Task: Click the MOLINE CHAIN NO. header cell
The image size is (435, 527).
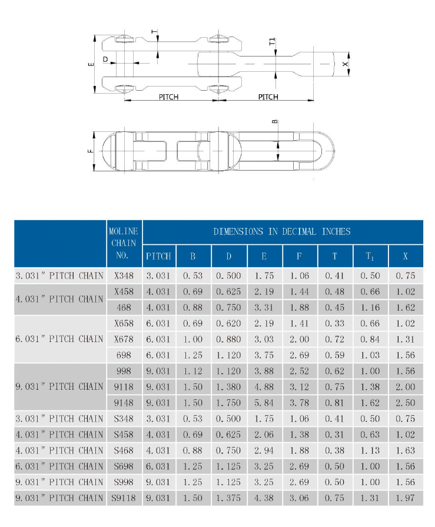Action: tap(123, 243)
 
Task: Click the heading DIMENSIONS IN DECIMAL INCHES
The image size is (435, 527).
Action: tap(282, 231)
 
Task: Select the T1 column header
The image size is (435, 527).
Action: tap(370, 256)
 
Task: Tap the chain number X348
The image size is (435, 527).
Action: tap(123, 276)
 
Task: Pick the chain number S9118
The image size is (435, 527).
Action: tap(123, 498)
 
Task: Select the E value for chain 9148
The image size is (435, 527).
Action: tap(264, 403)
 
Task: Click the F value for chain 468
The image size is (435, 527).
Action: tap(300, 307)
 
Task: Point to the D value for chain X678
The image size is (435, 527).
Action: tap(229, 339)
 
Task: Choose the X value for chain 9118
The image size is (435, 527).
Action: tap(406, 387)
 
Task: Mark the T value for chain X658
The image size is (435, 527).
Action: tap(335, 323)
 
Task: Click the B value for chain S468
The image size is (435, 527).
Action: tap(193, 450)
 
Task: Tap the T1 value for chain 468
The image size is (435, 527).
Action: tap(370, 307)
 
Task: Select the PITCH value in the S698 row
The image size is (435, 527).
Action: tap(158, 466)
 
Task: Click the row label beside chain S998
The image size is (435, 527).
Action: tap(59, 482)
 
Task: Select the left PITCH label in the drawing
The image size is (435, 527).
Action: tap(168, 97)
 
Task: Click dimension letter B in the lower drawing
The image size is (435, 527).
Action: tap(275, 122)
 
